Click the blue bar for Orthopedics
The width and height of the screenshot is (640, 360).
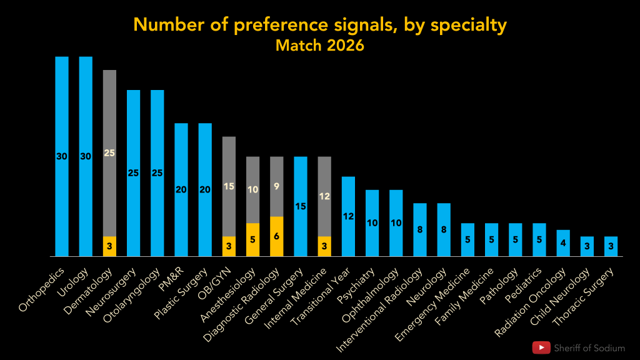coord(62,156)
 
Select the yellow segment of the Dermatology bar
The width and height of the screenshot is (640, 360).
coord(109,246)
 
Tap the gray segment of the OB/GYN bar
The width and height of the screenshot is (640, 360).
coord(229,186)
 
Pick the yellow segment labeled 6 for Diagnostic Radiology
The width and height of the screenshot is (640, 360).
coord(276,236)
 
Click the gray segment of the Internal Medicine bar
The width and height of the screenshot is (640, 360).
coord(324,196)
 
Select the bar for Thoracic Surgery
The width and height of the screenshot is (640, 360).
coord(611,246)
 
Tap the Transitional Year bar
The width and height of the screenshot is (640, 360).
coord(348,216)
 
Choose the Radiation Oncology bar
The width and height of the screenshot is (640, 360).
coord(563,243)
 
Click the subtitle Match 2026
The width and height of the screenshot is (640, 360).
coord(319,46)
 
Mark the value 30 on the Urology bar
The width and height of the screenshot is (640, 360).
coord(86,156)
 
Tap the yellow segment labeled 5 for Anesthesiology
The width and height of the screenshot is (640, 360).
coord(252,239)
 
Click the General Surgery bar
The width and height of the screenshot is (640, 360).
coord(301,206)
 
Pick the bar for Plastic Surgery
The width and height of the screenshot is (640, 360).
coord(205,190)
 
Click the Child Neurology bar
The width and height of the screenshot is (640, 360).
coord(587,246)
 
